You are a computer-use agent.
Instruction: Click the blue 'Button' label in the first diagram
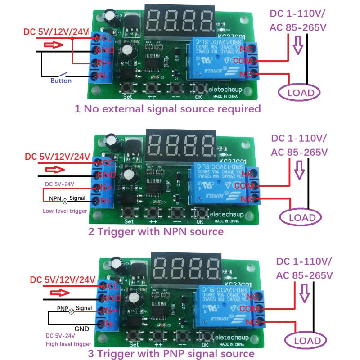[x=61, y=81]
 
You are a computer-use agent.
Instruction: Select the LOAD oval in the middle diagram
[x=300, y=217]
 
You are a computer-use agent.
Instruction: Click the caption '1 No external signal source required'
[x=167, y=108]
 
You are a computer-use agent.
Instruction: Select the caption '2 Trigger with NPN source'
[x=156, y=231]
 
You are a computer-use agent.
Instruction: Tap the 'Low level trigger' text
[x=65, y=211]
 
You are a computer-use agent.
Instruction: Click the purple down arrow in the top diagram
[x=297, y=45]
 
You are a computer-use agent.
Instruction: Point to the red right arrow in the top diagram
[x=53, y=45]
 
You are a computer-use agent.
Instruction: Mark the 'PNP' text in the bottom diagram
[x=62, y=309]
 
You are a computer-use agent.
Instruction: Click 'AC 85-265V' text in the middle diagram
[x=299, y=152]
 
